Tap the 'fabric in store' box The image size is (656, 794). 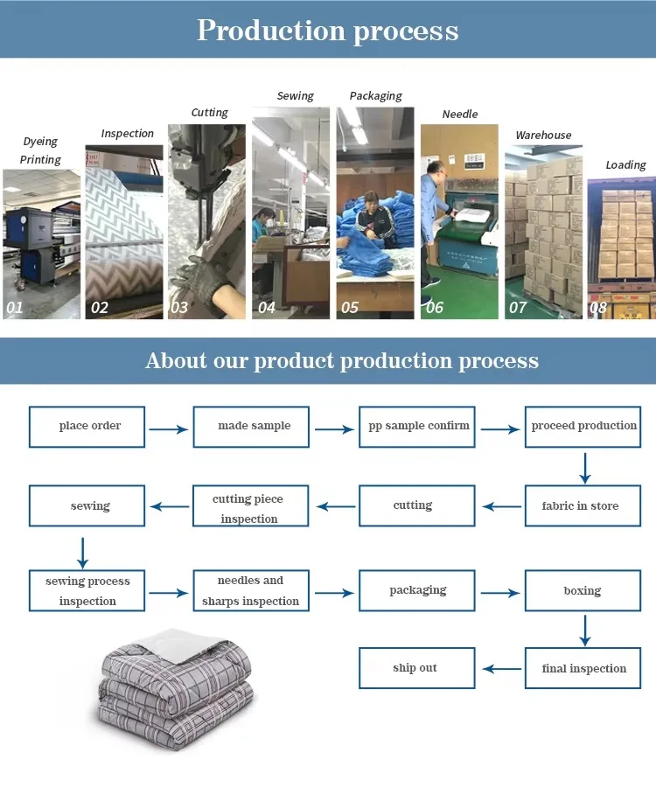pos(582,505)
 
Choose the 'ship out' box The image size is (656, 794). pos(416,668)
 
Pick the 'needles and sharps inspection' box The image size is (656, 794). pos(251,591)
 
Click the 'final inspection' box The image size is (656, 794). pos(583,669)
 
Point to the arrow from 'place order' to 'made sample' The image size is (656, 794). pos(169,429)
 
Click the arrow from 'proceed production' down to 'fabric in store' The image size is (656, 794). pos(585,467)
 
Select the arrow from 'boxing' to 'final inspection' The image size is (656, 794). pos(585,630)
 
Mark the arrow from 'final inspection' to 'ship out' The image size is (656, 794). pos(502,669)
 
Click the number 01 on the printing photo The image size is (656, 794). pos(15,308)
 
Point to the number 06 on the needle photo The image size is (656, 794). pos(434,308)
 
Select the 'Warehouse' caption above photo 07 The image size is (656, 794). pos(543,136)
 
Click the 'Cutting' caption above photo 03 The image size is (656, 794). pos(210,113)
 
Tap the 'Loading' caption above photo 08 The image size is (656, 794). pos(626,165)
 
